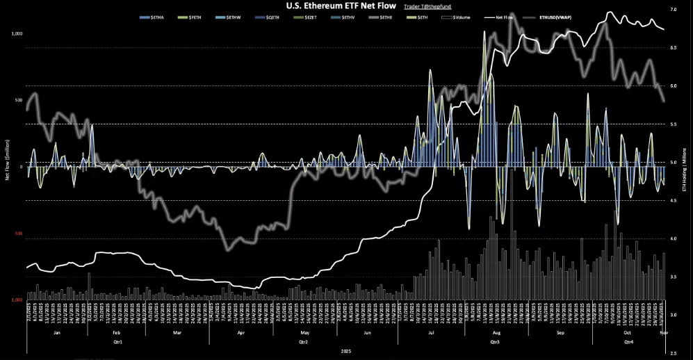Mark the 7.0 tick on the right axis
point(673,10)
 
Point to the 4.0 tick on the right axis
point(673,238)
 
